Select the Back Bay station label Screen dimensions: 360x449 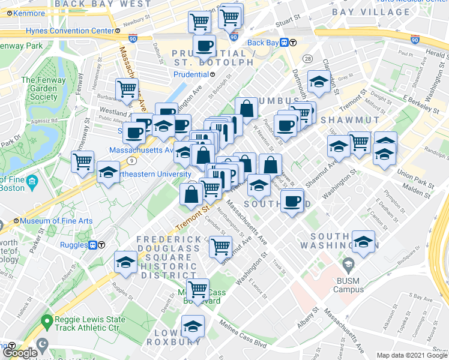coord(264,43)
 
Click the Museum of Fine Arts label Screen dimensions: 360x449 coord(56,221)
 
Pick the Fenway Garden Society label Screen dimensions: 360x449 coord(40,88)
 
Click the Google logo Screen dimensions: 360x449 coord(19,353)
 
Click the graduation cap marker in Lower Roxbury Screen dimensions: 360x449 coord(193,326)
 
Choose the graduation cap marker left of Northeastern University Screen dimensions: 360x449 coord(107,173)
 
